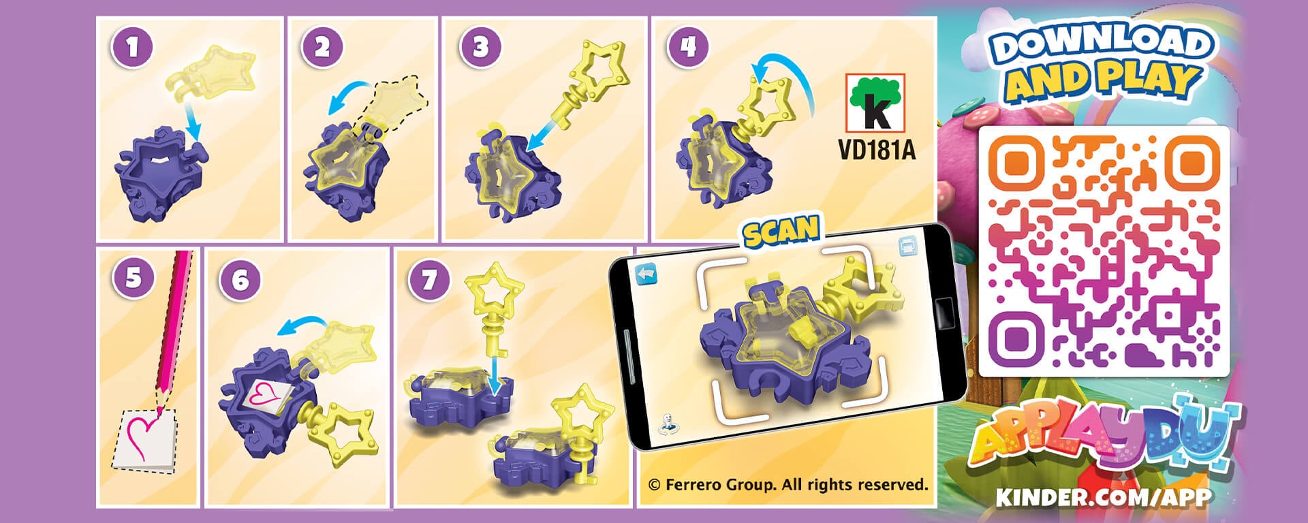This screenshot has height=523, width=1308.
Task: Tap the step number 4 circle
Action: click(x=688, y=46)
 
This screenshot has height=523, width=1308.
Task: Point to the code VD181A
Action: click(x=876, y=150)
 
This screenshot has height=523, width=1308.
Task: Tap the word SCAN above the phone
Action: click(x=781, y=232)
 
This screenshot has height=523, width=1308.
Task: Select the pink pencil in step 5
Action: click(x=174, y=320)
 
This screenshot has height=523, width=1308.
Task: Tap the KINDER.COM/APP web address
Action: click(x=1103, y=496)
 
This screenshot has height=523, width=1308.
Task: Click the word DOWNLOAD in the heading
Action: click(x=1100, y=44)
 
